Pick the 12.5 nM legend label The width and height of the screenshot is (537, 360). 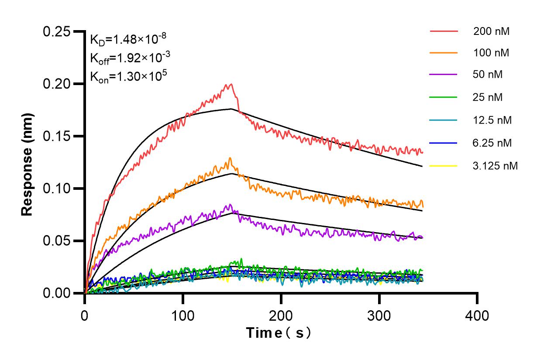coord(492,120)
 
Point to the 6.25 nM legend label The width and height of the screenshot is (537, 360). coord(492,143)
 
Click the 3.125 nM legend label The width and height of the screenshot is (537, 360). coord(496,166)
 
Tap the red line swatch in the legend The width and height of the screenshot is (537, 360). coord(444,31)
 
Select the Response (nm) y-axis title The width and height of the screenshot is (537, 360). coord(28,164)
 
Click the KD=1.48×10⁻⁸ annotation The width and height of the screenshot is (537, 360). coord(127,40)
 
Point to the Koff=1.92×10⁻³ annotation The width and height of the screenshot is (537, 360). coord(127,58)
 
